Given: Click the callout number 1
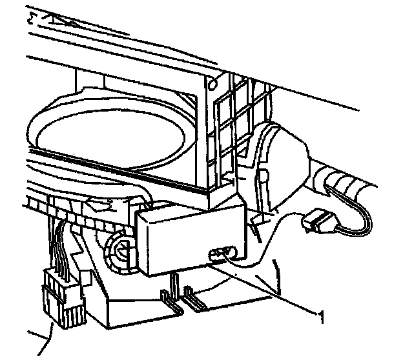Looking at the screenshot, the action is click(318, 315).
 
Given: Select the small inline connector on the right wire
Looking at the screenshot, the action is click(316, 223).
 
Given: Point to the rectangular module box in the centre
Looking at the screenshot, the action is click(191, 236).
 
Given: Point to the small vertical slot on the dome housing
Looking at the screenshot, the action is click(263, 176).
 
